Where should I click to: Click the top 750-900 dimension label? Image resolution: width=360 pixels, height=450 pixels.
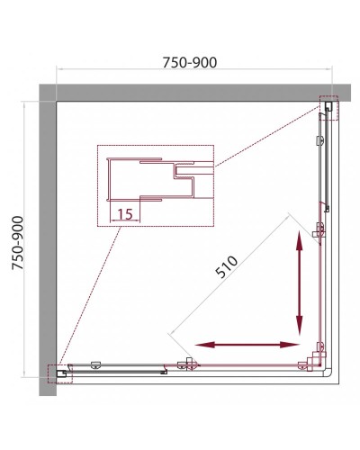click(x=190, y=63)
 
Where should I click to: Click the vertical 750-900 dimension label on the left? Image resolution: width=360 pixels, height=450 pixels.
click(x=18, y=243)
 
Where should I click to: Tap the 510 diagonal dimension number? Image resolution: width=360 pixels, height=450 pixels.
click(x=227, y=266)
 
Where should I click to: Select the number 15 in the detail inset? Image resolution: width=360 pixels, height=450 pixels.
click(x=125, y=214)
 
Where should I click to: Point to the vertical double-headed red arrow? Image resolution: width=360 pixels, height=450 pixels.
click(x=299, y=283)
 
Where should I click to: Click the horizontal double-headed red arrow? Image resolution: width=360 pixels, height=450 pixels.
click(x=247, y=345)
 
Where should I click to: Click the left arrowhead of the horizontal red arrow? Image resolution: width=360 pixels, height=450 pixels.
click(x=205, y=345)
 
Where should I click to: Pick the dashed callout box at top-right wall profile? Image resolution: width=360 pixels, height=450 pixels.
click(x=329, y=108)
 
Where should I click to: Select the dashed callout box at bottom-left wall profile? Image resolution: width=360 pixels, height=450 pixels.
click(x=60, y=373)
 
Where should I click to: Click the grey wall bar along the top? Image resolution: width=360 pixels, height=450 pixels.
click(x=195, y=93)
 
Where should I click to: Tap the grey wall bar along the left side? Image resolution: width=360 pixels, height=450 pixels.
click(x=48, y=240)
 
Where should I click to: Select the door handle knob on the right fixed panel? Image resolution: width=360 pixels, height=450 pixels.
click(x=320, y=140)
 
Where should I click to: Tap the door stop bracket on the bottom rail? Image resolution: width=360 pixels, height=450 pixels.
click(x=188, y=364)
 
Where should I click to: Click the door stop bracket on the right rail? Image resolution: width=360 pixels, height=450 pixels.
click(x=319, y=230)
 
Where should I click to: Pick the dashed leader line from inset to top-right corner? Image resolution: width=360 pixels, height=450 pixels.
click(x=267, y=137)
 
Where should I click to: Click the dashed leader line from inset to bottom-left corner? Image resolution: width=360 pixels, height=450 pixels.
click(x=90, y=295)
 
